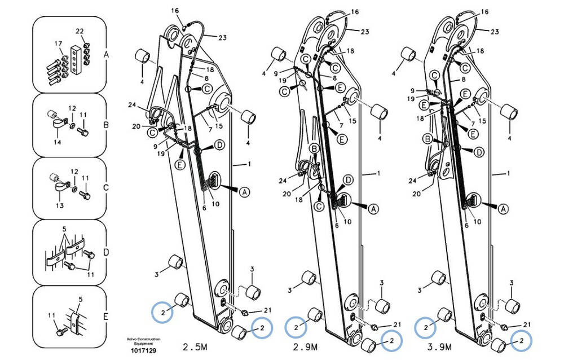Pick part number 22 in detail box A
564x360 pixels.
(80, 31)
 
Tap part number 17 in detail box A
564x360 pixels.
(58, 43)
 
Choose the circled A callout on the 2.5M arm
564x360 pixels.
(245, 192)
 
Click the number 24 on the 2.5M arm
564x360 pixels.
(132, 104)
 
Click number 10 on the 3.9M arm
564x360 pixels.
(477, 221)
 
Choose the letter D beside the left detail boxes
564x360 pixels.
(106, 252)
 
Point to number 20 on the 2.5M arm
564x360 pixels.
(136, 126)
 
